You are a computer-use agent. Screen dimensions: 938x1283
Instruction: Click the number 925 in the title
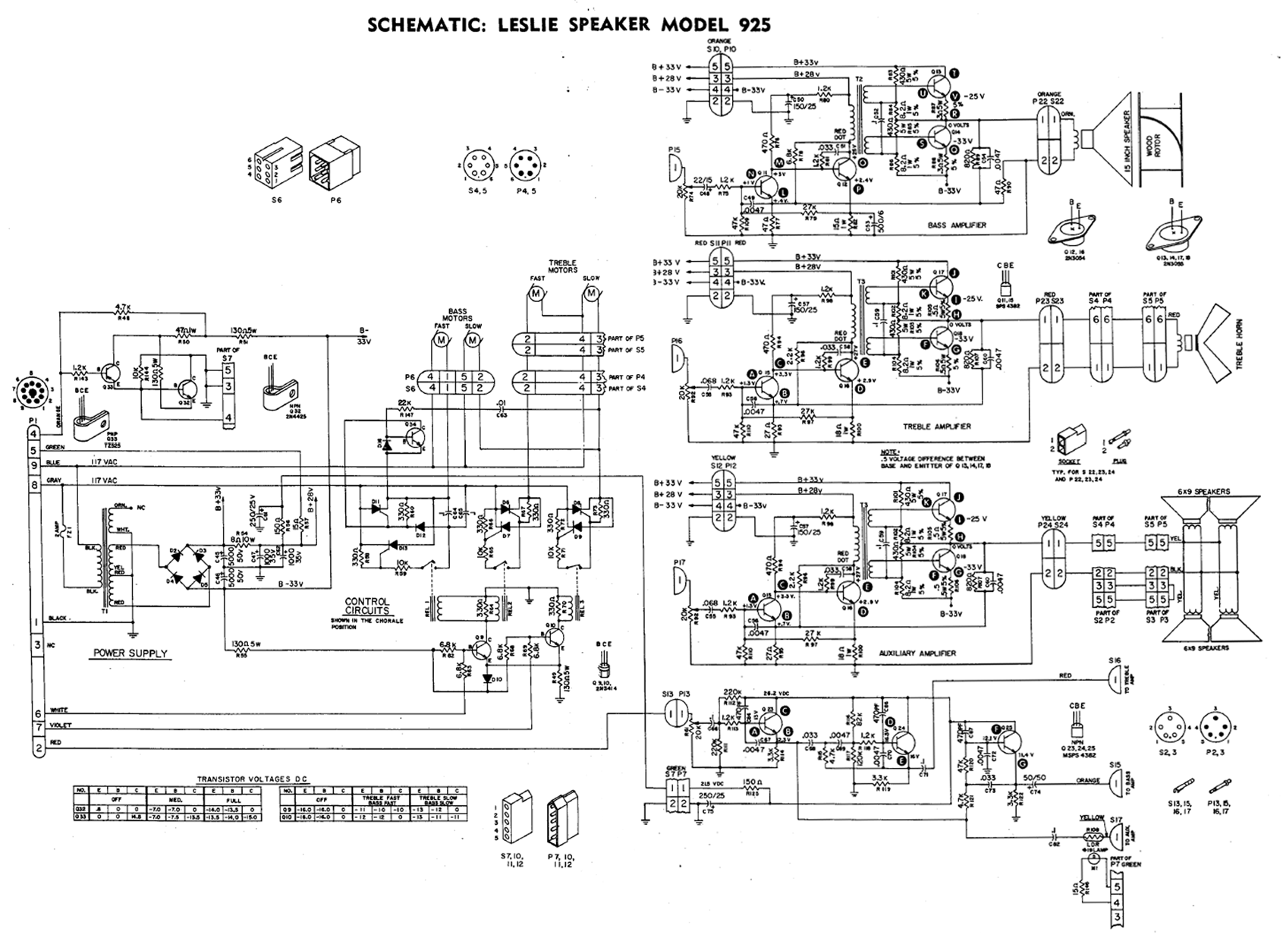747,25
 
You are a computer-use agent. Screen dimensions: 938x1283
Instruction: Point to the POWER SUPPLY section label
130,653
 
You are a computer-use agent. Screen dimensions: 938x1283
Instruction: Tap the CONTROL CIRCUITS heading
366,606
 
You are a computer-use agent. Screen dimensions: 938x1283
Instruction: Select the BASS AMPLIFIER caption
957,225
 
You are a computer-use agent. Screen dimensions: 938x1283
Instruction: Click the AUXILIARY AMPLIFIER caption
917,653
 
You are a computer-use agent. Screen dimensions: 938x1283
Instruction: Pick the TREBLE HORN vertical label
1239,344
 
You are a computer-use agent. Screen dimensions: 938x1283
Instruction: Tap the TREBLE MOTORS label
562,266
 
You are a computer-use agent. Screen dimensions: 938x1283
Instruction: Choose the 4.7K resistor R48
122,313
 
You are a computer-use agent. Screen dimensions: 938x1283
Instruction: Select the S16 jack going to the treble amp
1115,682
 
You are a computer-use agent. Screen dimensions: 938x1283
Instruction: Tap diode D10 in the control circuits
486,678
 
